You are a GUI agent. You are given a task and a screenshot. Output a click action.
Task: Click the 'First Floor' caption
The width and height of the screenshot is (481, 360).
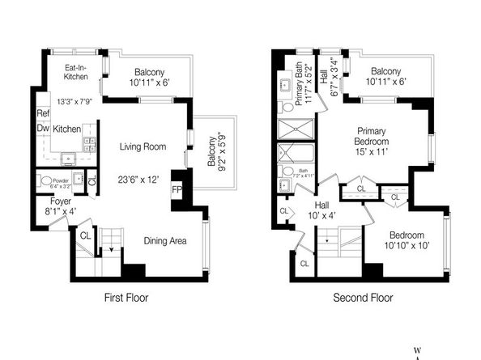pos(126,298)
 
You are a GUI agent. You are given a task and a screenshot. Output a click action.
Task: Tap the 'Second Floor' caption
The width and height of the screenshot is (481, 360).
pos(363,298)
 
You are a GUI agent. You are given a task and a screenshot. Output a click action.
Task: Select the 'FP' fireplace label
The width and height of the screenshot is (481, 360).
pos(177,191)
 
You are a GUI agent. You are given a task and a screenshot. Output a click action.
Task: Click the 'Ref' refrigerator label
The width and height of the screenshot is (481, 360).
pos(43,114)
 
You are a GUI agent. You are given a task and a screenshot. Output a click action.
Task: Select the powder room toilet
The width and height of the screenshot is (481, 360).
pos(45,181)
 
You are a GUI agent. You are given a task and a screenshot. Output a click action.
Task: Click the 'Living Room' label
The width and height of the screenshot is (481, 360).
pos(143,146)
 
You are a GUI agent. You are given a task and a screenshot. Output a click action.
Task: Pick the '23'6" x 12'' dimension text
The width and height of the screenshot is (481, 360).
pos(143,180)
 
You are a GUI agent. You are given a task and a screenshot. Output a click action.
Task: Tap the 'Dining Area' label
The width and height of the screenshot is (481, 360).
pos(168,240)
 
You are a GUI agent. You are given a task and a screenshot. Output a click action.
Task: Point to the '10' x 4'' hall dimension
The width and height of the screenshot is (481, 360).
pos(321,215)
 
